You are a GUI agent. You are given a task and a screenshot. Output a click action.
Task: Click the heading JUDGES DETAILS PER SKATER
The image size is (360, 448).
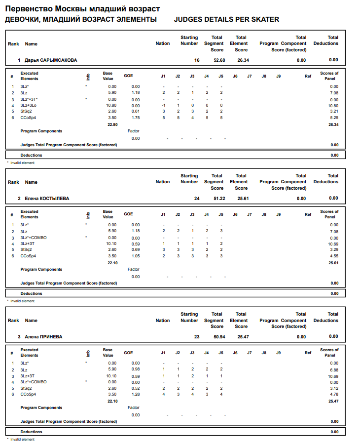pos(226,19)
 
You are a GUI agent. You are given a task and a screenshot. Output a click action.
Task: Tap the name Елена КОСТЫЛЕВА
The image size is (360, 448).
pos(47,199)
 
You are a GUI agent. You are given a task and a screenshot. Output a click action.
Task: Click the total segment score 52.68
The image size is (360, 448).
pos(219,60)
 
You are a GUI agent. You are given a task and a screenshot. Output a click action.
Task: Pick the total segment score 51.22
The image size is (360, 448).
pos(219,199)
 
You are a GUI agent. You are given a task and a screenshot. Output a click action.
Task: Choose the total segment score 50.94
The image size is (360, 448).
pos(219,337)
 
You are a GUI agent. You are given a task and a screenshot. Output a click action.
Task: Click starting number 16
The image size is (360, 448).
pos(197,60)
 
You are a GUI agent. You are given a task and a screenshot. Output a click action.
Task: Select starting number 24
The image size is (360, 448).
pos(197,199)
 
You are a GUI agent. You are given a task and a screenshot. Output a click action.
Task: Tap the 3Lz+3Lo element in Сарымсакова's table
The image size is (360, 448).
pos(28,105)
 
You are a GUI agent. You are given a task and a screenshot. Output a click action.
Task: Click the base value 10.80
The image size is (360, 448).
pos(111,105)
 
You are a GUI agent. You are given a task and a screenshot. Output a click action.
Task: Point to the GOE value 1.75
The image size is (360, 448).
pos(135,118)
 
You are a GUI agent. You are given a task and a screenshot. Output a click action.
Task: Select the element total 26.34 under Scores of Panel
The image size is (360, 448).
pos(333,124)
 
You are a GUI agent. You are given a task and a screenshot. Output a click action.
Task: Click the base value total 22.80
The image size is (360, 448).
pos(112,124)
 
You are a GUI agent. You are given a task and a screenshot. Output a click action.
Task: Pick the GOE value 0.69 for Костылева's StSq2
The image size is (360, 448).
pos(135,250)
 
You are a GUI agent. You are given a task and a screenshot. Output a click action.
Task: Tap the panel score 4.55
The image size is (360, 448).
pos(334,256)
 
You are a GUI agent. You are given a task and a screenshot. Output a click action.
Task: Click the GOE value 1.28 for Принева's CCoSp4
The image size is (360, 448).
pos(135,394)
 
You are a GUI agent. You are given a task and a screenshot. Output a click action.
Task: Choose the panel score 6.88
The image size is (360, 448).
pos(334,370)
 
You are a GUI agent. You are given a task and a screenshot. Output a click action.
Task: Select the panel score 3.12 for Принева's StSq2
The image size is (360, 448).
pos(334,389)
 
